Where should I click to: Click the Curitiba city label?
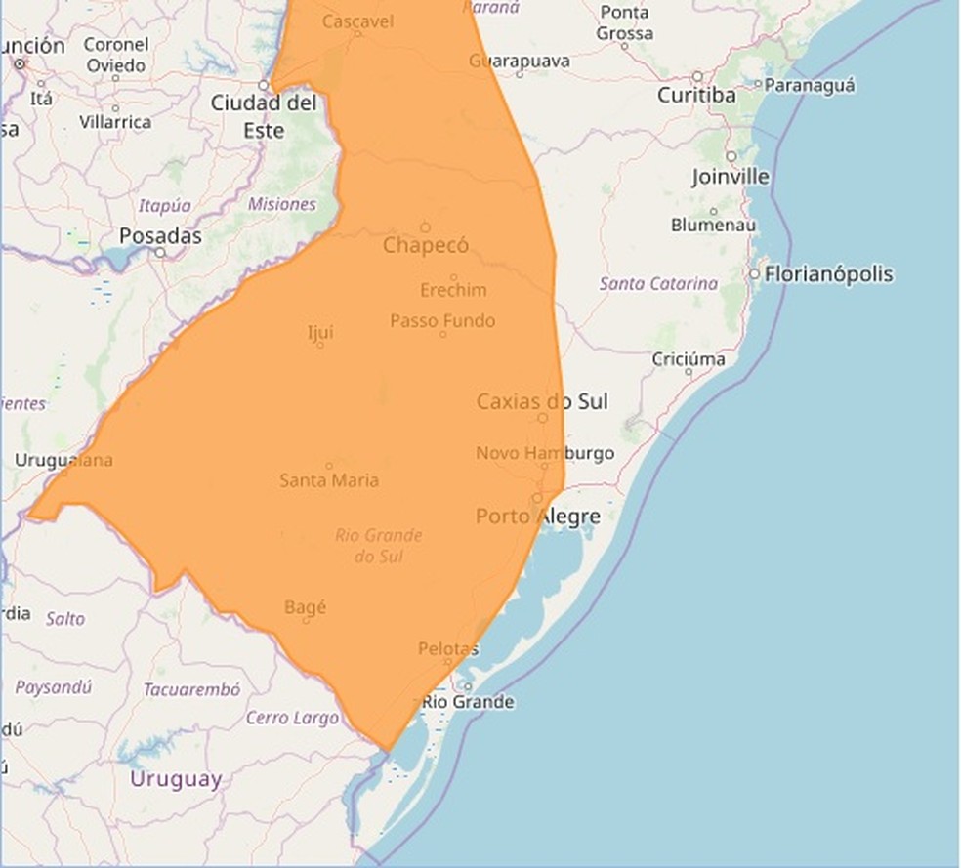click(x=696, y=96)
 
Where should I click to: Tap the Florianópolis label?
click(x=828, y=274)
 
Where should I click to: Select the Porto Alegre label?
click(x=537, y=517)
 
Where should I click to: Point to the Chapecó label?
click(x=426, y=245)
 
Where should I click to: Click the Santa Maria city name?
click(x=329, y=480)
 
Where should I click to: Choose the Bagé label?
click(x=305, y=607)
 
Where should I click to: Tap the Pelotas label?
click(x=448, y=648)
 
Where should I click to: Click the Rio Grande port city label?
click(x=468, y=702)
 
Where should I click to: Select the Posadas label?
click(x=160, y=236)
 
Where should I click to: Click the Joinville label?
click(x=731, y=177)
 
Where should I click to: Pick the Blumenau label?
click(x=713, y=225)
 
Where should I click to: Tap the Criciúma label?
click(x=689, y=359)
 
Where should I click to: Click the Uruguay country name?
click(x=176, y=779)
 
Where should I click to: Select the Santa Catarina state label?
click(x=658, y=284)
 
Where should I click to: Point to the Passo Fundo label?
click(x=442, y=320)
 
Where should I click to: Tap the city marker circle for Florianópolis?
click(x=754, y=274)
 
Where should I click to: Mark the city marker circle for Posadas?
click(x=160, y=252)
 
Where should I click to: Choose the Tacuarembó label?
click(x=191, y=689)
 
